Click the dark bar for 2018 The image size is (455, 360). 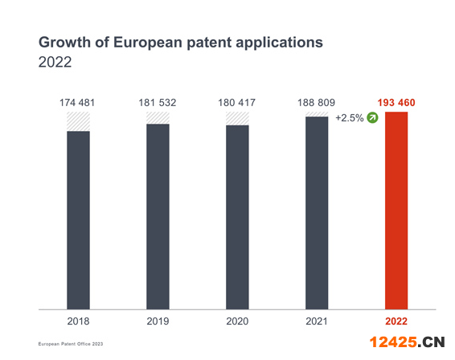click(x=78, y=220)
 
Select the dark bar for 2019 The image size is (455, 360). click(x=158, y=217)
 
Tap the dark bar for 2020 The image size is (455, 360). click(x=237, y=217)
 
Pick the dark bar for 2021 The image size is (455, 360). click(x=317, y=213)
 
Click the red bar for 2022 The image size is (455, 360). click(x=396, y=211)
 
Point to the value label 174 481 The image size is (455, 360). click(x=77, y=103)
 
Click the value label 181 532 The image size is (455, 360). click(x=158, y=103)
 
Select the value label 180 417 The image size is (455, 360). click(x=237, y=103)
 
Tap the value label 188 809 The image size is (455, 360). click(x=316, y=103)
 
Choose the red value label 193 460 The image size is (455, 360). click(x=396, y=103)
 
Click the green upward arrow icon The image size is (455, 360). click(x=372, y=118)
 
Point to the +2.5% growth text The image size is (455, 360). click(x=350, y=118)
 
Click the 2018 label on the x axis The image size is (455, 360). click(x=78, y=321)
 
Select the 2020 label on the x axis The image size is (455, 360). click(x=237, y=321)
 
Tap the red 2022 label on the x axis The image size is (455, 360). click(x=396, y=321)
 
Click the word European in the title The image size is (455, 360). click(x=148, y=43)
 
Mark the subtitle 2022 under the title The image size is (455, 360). click(x=55, y=62)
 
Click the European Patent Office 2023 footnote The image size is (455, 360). click(x=71, y=344)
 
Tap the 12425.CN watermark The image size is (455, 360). click(x=407, y=342)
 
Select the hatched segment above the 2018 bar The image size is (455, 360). click(x=78, y=121)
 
